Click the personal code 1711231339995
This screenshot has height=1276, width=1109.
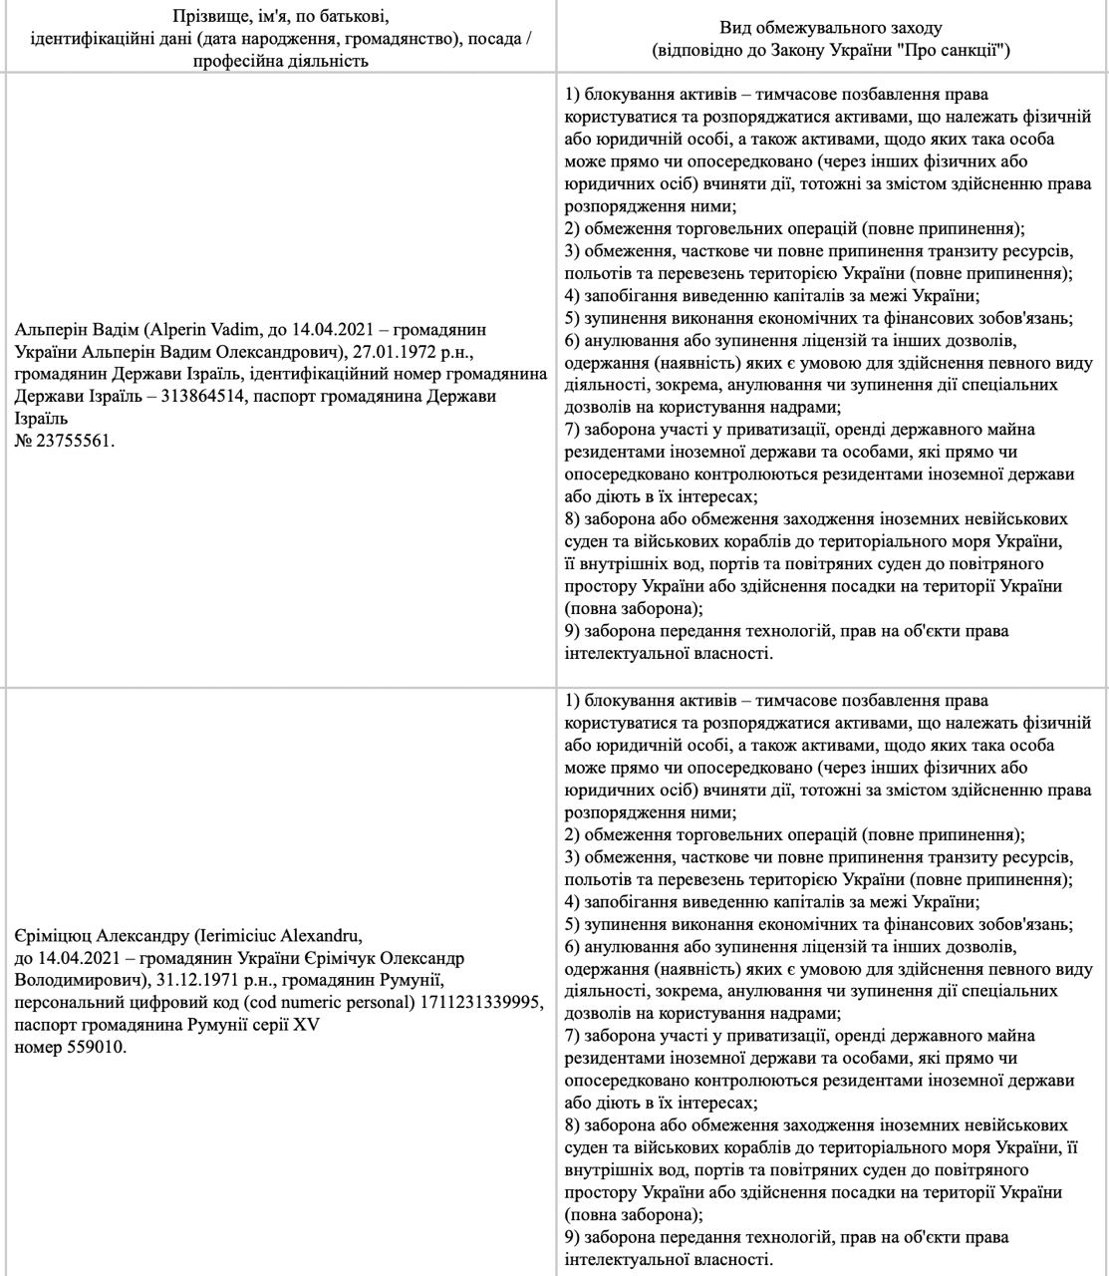tap(487, 1005)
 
